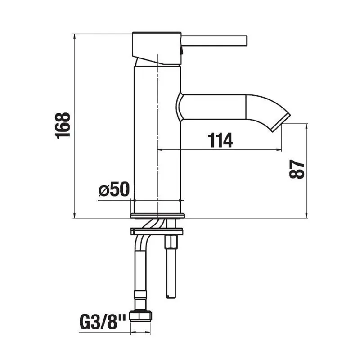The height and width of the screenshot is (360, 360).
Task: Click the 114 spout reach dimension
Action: (x=220, y=140)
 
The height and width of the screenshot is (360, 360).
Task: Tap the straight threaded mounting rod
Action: (x=171, y=270)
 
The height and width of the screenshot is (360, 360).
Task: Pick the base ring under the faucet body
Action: (x=157, y=215)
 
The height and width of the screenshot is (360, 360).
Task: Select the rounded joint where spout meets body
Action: (x=180, y=107)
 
